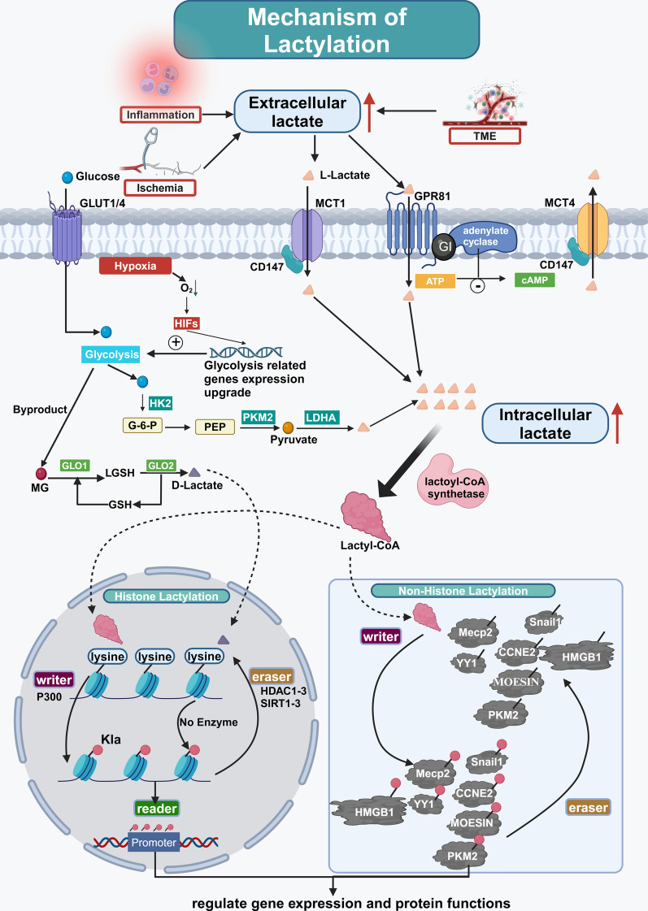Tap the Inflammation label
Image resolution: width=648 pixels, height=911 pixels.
(159, 115)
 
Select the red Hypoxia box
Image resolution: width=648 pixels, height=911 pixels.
(135, 265)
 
